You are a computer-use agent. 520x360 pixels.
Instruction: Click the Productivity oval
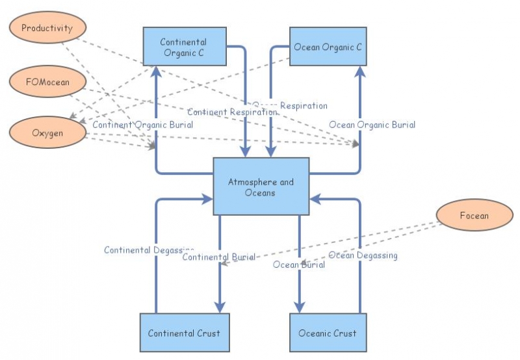[x=46, y=29]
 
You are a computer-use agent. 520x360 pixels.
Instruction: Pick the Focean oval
[x=474, y=216]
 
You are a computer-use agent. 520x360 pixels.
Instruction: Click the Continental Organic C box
[x=185, y=47]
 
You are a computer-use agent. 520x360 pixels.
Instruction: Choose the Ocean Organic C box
[x=328, y=47]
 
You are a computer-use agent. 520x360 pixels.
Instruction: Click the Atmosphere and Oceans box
[x=261, y=186]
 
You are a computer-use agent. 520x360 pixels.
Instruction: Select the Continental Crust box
[x=184, y=333]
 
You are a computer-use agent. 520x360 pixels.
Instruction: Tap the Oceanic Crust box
[x=328, y=333]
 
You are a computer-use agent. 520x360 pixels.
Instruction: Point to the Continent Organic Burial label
[x=143, y=124]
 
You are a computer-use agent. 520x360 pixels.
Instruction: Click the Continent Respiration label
[x=232, y=112]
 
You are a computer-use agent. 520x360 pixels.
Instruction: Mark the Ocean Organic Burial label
[x=372, y=124]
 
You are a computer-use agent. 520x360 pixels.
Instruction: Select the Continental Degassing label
[x=149, y=250]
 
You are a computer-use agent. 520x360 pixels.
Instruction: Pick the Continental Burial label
[x=218, y=257]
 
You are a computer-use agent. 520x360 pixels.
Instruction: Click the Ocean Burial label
[x=298, y=264]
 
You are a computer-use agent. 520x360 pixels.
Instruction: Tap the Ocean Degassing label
[x=363, y=255]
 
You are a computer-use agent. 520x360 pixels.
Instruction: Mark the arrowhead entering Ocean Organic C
[x=359, y=71]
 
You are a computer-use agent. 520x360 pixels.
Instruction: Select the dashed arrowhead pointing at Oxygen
[x=73, y=120]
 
